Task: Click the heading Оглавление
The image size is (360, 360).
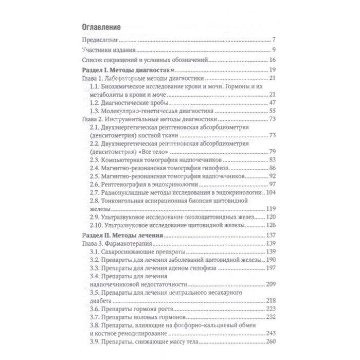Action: (101, 26)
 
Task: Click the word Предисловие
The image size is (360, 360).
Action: (101, 40)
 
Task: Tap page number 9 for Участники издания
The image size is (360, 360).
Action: (275, 50)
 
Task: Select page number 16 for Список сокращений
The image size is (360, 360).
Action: (273, 60)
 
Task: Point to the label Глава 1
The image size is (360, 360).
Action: (92, 78)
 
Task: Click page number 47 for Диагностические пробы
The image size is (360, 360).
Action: (273, 103)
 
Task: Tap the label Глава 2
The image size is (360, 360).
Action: (92, 119)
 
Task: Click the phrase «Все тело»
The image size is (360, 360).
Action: (147, 151)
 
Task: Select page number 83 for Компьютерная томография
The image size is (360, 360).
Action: (273, 160)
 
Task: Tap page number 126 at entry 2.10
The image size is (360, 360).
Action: (271, 225)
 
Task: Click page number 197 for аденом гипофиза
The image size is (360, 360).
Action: (271, 268)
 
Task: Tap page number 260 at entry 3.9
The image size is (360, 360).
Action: (271, 342)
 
